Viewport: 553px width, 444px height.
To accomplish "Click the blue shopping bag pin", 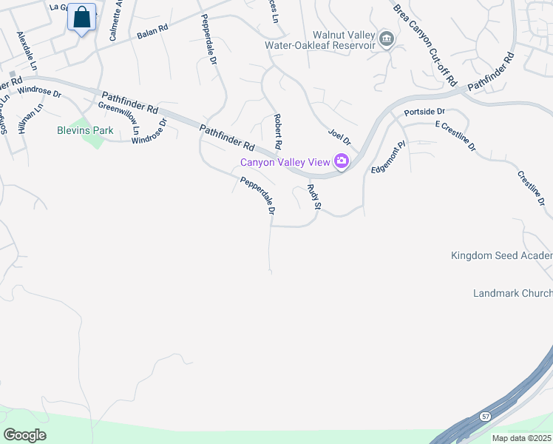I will tap(82, 18).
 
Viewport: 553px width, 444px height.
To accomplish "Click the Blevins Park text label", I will tap(85, 130).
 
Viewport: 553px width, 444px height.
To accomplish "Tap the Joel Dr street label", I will tap(339, 135).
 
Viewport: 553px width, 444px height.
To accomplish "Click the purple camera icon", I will tap(341, 161).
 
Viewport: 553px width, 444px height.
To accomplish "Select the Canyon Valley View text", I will tap(285, 162).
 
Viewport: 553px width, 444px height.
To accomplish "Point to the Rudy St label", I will tap(313, 197).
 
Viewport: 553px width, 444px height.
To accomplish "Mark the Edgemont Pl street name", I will tap(389, 157).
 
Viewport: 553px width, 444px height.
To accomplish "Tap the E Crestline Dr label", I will tap(455, 137).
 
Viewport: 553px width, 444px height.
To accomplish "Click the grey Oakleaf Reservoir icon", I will tap(385, 39).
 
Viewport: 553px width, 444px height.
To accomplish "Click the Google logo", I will tap(25, 434).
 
